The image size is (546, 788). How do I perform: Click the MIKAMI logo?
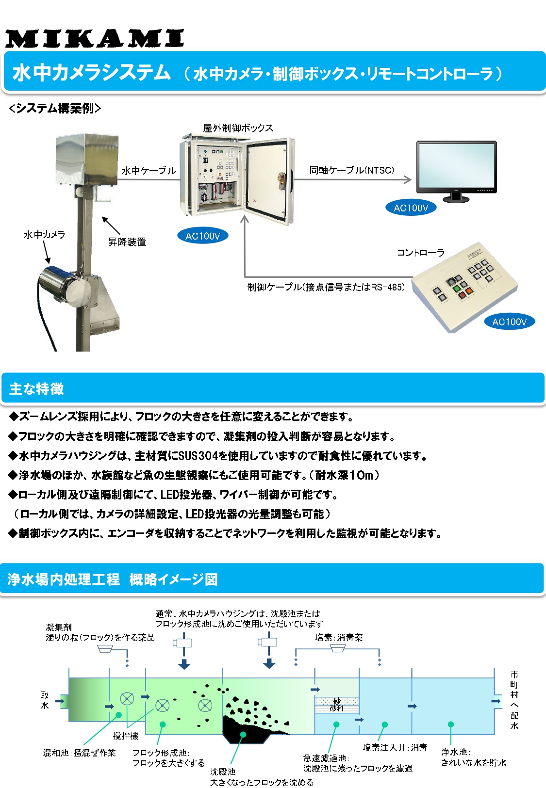(95, 39)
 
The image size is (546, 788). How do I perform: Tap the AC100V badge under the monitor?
(411, 208)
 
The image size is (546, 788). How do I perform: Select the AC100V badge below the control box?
(203, 236)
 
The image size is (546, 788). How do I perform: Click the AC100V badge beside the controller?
(509, 322)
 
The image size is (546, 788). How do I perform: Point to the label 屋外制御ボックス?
(238, 128)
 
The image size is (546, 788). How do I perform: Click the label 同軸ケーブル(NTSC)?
(352, 170)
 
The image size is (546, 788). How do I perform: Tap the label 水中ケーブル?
(149, 171)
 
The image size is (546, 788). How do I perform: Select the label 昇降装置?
(127, 241)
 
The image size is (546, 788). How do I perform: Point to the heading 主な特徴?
(36, 389)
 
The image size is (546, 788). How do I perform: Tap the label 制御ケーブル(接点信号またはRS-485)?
(326, 287)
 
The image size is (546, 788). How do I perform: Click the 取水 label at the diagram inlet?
(45, 700)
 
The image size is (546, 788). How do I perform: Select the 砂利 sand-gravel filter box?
(337, 705)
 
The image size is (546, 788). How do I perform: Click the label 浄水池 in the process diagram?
(454, 752)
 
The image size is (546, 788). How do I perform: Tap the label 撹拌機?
(126, 736)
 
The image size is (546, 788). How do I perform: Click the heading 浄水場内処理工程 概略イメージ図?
(113, 579)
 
